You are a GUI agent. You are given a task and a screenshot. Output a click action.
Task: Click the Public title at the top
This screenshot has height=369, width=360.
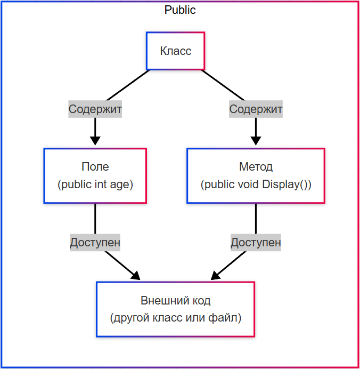coord(180,10)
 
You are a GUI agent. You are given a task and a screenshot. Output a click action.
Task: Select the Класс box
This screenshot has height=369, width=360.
coord(175,51)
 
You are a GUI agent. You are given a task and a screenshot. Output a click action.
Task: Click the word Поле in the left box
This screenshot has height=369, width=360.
coord(95,167)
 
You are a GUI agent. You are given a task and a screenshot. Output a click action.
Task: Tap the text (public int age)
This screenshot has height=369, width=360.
coord(95,185)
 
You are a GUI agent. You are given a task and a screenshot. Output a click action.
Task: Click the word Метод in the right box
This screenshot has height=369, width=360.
coord(256,167)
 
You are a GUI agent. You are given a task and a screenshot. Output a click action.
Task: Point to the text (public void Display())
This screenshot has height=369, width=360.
coord(256,185)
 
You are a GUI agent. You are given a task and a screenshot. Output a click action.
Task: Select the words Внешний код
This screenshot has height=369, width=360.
coord(175,300)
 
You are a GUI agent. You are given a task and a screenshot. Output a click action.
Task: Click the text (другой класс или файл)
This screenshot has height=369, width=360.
coord(175,318)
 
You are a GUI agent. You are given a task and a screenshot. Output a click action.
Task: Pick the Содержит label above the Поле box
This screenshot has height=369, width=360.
coord(95,109)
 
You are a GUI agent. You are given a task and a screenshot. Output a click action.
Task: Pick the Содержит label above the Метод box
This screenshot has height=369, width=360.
coord(256,109)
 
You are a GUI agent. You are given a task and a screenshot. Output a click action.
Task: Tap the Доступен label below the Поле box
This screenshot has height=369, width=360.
coord(95,243)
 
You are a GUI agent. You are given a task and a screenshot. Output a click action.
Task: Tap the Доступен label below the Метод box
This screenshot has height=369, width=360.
coord(256,243)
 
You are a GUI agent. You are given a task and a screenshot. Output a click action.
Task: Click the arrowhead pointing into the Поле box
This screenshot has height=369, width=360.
coord(95,141)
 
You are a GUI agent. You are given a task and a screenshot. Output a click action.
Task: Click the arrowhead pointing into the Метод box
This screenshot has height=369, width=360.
coord(256,141)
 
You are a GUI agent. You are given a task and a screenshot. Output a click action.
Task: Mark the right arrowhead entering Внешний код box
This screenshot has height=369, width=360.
coord(216,276)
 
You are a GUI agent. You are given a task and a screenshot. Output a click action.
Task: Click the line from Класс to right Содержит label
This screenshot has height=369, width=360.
coord(224,85)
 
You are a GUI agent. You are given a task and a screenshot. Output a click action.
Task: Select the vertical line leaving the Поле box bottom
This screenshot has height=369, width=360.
coord(95,219)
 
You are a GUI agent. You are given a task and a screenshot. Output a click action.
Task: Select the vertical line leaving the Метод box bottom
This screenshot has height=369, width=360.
coord(256,219)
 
